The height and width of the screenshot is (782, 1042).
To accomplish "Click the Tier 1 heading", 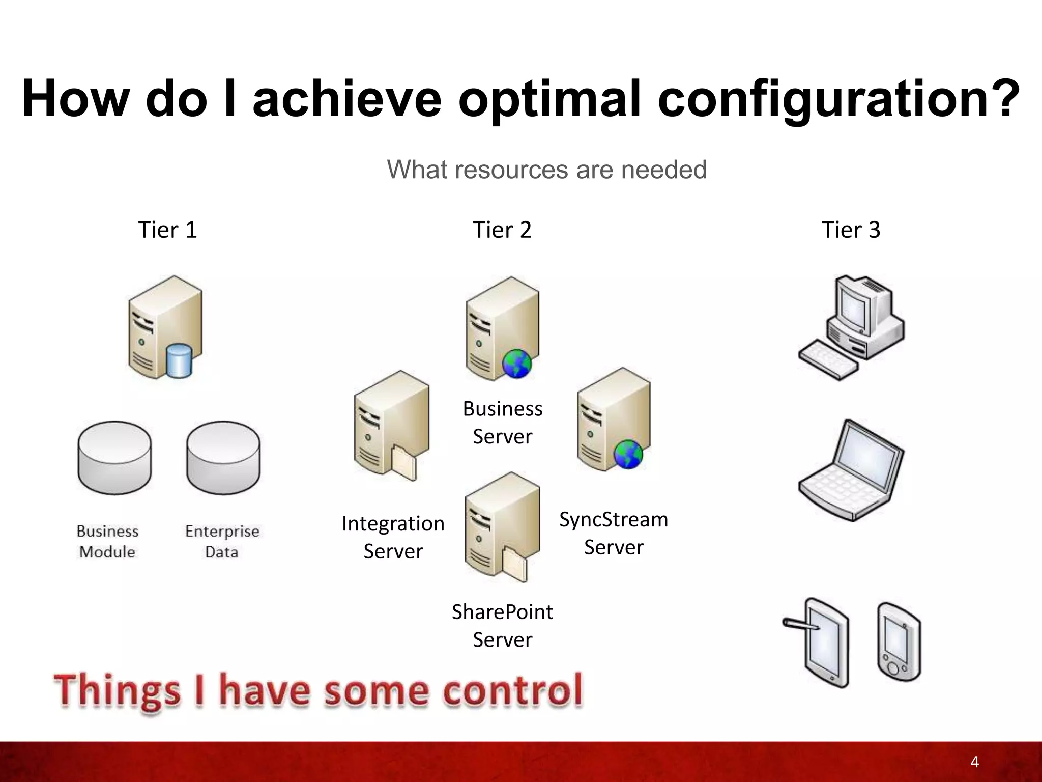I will point(167,230).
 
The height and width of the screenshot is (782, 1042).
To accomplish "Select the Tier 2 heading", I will point(502,230).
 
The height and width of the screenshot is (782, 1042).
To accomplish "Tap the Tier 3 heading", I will point(851,230).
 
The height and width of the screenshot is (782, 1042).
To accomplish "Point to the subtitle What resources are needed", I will point(546,170).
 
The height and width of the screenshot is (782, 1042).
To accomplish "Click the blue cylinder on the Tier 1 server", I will point(179,361).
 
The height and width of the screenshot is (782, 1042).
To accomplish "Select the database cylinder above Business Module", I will point(114,457).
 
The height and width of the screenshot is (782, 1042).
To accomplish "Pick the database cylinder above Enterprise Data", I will point(223,457).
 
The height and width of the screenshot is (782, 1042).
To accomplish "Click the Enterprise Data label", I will point(222,541).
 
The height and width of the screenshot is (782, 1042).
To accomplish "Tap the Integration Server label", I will point(393,537).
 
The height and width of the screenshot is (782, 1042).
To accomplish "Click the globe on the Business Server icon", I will point(516,364).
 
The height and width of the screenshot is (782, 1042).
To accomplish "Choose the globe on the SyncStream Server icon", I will point(628,454).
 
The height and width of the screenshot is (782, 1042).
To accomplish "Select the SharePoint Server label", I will point(502,625).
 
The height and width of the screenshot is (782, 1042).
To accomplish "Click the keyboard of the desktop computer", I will point(828,360).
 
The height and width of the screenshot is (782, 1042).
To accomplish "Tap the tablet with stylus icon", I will point(824,643).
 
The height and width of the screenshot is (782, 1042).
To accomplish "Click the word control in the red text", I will point(512,691).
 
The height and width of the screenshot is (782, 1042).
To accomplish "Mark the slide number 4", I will point(974,762).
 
